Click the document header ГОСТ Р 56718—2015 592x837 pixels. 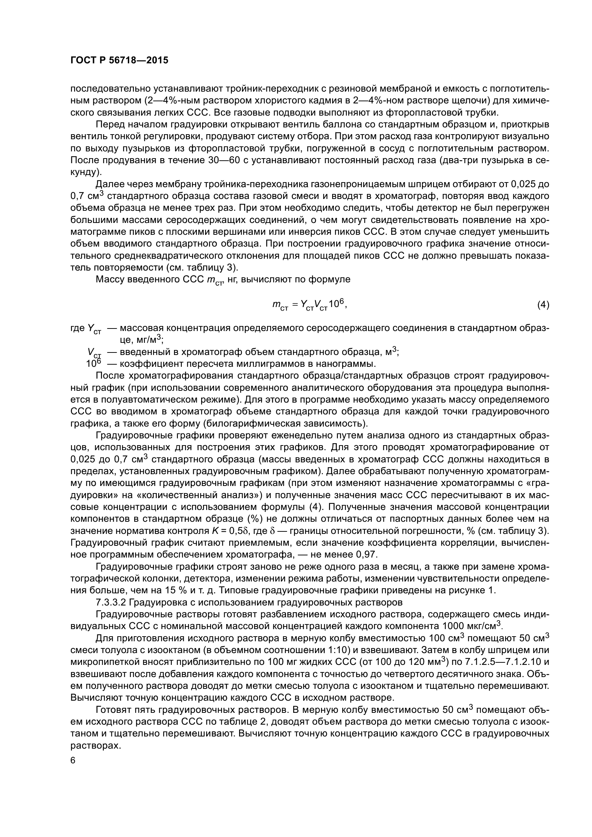119,60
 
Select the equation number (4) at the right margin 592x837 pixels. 543,305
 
